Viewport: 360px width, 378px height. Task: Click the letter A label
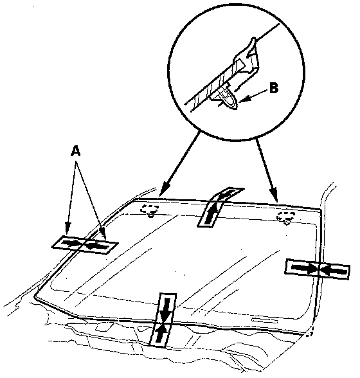pyautogui.click(x=76, y=152)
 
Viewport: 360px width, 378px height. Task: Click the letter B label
pyautogui.click(x=274, y=88)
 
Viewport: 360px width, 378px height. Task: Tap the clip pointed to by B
pyautogui.click(x=228, y=98)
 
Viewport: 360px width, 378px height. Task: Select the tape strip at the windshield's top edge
pyautogui.click(x=220, y=206)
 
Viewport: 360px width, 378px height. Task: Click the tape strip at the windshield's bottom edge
pyautogui.click(x=163, y=320)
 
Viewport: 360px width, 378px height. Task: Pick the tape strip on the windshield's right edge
pyautogui.click(x=318, y=269)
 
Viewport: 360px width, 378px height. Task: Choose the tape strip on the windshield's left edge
pyautogui.click(x=85, y=244)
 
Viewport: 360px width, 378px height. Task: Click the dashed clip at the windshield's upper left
pyautogui.click(x=150, y=210)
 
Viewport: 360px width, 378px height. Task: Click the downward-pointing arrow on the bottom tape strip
pyautogui.click(x=166, y=310)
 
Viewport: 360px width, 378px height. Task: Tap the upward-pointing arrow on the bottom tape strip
pyautogui.click(x=161, y=333)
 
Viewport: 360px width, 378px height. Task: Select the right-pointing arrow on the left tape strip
pyautogui.click(x=71, y=243)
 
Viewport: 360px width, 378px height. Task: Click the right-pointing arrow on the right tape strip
pyautogui.click(x=304, y=267)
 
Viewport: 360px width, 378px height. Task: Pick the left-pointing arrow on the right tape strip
pyautogui.click(x=334, y=271)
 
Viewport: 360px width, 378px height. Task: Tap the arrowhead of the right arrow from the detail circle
pyautogui.click(x=275, y=195)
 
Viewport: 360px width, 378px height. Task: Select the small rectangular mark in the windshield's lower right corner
pyautogui.click(x=264, y=320)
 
